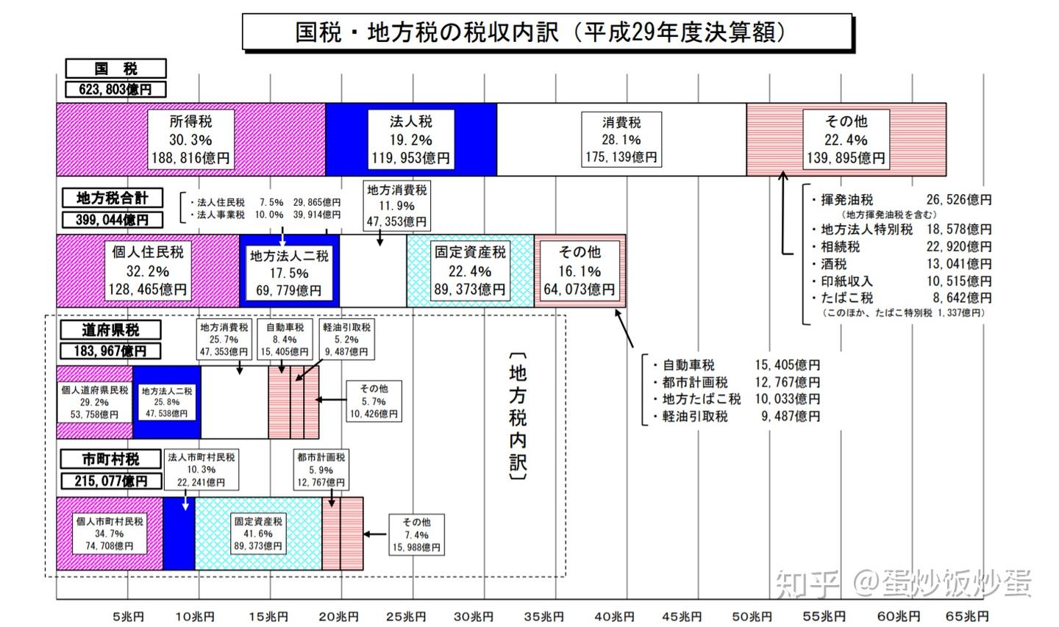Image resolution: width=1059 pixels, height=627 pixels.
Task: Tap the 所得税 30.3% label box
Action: [190, 140]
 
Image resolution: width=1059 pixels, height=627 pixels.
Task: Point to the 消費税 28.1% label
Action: [621, 140]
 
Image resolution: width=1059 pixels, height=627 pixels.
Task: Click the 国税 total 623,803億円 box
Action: [115, 90]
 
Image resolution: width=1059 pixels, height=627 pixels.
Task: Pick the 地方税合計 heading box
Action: [112, 198]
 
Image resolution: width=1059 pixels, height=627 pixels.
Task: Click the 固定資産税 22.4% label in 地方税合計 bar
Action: [470, 270]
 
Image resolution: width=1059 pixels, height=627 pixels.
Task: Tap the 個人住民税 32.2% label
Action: [148, 270]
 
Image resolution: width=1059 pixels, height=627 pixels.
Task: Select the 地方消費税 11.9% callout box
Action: [397, 206]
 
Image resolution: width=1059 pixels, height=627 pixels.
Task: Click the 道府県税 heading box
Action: [110, 330]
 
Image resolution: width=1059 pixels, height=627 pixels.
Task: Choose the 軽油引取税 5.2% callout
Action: [346, 340]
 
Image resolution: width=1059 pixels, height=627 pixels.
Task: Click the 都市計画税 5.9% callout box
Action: [321, 470]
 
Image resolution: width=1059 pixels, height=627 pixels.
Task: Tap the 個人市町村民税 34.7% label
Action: [109, 533]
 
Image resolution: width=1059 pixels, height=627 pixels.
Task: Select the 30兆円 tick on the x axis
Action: [474, 617]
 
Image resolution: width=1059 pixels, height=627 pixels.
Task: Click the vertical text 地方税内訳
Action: [518, 417]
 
